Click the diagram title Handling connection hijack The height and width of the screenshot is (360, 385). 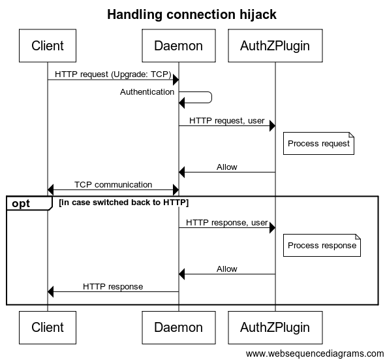point(192,14)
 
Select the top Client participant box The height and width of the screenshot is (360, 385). point(48,46)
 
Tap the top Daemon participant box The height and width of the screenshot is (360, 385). point(179,46)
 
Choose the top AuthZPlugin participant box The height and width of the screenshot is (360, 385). point(275,46)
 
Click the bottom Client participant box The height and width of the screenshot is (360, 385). point(48,327)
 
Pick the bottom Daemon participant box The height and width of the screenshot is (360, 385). point(179,327)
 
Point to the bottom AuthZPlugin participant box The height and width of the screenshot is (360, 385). point(275,327)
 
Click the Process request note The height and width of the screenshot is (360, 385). point(318,143)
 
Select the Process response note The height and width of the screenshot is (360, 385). point(322,246)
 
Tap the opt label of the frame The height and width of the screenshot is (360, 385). point(21,204)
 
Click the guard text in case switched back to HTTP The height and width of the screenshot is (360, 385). point(124,203)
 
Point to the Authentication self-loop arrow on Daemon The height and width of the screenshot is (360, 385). point(211,97)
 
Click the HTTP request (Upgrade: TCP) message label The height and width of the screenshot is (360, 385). point(113,74)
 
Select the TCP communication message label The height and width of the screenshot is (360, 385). point(113,185)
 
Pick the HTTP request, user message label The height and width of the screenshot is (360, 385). point(227,121)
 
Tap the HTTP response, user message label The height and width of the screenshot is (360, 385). point(227,223)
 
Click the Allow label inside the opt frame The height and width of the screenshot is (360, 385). point(227,269)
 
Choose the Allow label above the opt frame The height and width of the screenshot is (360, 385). point(227,167)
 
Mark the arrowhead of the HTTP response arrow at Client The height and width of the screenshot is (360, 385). point(48,292)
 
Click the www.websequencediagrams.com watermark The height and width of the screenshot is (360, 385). point(315,353)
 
